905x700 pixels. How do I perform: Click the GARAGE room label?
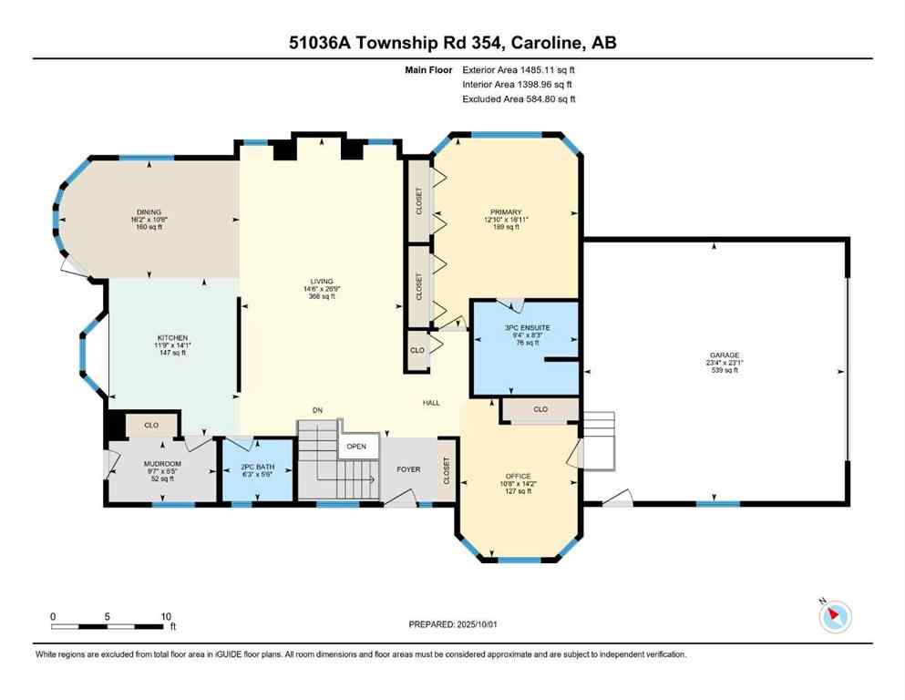(725, 355)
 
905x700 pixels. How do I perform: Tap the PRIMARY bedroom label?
(506, 211)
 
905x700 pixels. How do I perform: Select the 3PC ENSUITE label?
(523, 326)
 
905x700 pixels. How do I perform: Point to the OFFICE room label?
(518, 476)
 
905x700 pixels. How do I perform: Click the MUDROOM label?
(163, 464)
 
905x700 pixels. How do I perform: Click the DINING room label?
(150, 212)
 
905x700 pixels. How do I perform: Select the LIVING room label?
(321, 282)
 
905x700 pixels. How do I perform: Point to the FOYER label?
(408, 469)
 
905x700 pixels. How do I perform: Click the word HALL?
(431, 402)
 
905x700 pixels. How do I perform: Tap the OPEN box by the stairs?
(356, 447)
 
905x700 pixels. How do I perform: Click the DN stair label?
(317, 411)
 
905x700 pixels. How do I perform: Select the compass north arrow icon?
(835, 615)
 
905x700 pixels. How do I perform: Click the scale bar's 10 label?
(164, 616)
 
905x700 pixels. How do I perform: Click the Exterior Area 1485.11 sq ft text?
(519, 68)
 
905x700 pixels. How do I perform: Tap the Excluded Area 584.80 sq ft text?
(519, 99)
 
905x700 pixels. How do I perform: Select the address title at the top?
(452, 43)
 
